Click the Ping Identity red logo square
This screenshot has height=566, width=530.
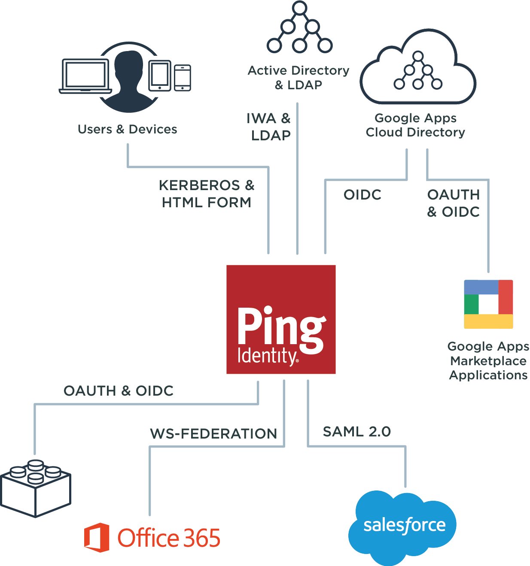click(281, 319)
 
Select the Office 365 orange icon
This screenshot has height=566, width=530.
click(97, 537)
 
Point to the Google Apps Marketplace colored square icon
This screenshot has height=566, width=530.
click(488, 304)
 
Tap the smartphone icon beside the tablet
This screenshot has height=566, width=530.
click(183, 78)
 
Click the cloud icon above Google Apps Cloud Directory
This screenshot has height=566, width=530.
click(418, 69)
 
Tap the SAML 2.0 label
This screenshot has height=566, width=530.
click(356, 432)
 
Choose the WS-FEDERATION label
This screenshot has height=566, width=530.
click(213, 434)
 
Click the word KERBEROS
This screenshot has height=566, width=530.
click(199, 185)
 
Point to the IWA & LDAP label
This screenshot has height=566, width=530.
click(269, 127)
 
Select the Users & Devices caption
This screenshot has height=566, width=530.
click(127, 129)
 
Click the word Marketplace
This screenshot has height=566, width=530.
click(488, 361)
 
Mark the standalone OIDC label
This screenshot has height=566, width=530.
click(362, 195)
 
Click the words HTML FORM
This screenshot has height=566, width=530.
click(206, 202)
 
